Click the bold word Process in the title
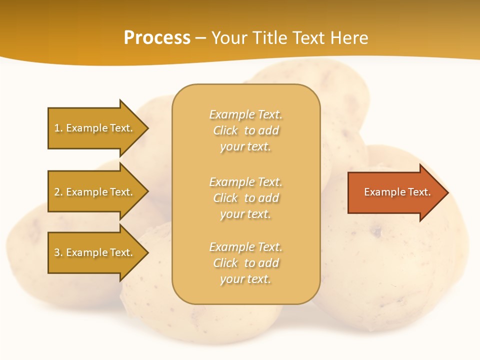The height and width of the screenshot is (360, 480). (157, 38)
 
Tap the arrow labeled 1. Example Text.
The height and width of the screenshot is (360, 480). (95, 128)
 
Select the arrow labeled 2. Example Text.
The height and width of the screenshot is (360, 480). (95, 192)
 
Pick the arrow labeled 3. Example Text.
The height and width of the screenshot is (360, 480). (95, 252)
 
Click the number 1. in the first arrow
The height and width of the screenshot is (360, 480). (58, 128)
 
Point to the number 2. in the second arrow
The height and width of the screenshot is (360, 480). (58, 192)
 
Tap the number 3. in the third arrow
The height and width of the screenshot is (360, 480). (58, 252)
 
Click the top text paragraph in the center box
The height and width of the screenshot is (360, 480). (245, 130)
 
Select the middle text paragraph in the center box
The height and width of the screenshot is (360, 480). (245, 198)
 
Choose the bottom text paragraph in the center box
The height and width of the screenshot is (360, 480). (245, 263)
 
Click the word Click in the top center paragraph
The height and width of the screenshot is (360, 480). (225, 130)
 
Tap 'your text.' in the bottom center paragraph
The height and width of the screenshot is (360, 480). (245, 279)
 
